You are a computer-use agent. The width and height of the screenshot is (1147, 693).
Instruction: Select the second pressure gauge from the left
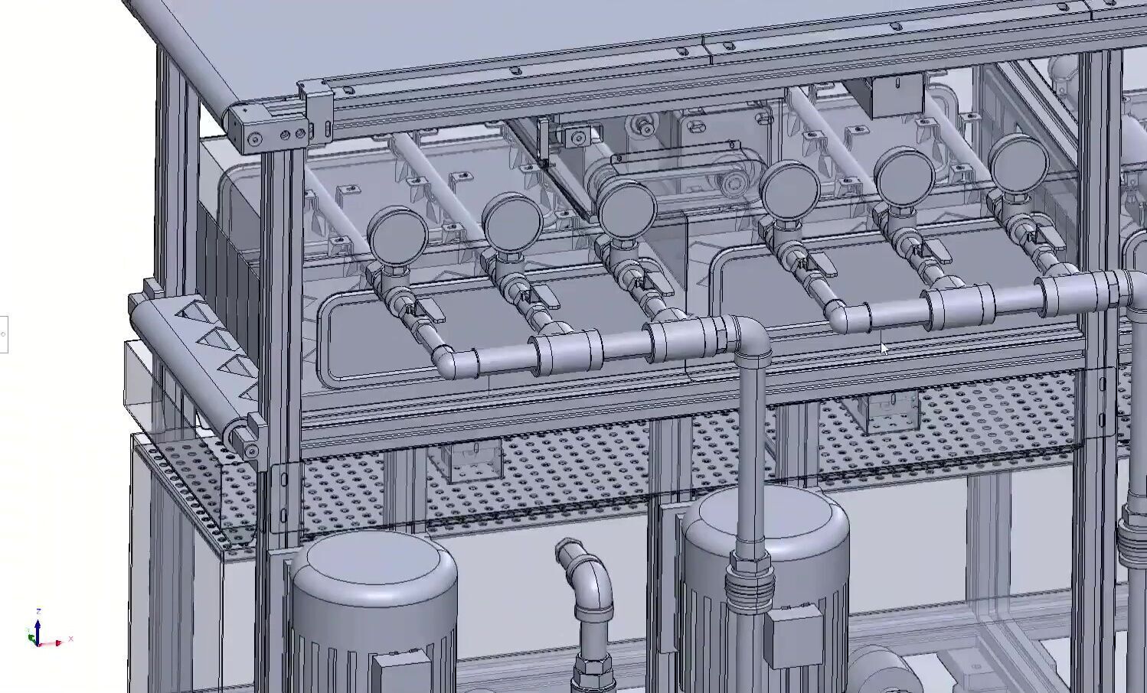(x=512, y=221)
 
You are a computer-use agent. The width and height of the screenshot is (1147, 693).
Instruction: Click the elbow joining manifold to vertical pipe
(x=747, y=337)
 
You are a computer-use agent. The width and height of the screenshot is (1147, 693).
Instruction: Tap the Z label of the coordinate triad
(x=38, y=612)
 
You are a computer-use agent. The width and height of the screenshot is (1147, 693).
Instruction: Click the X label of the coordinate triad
(x=70, y=639)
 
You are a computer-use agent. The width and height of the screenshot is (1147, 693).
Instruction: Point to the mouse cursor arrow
(x=884, y=349)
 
